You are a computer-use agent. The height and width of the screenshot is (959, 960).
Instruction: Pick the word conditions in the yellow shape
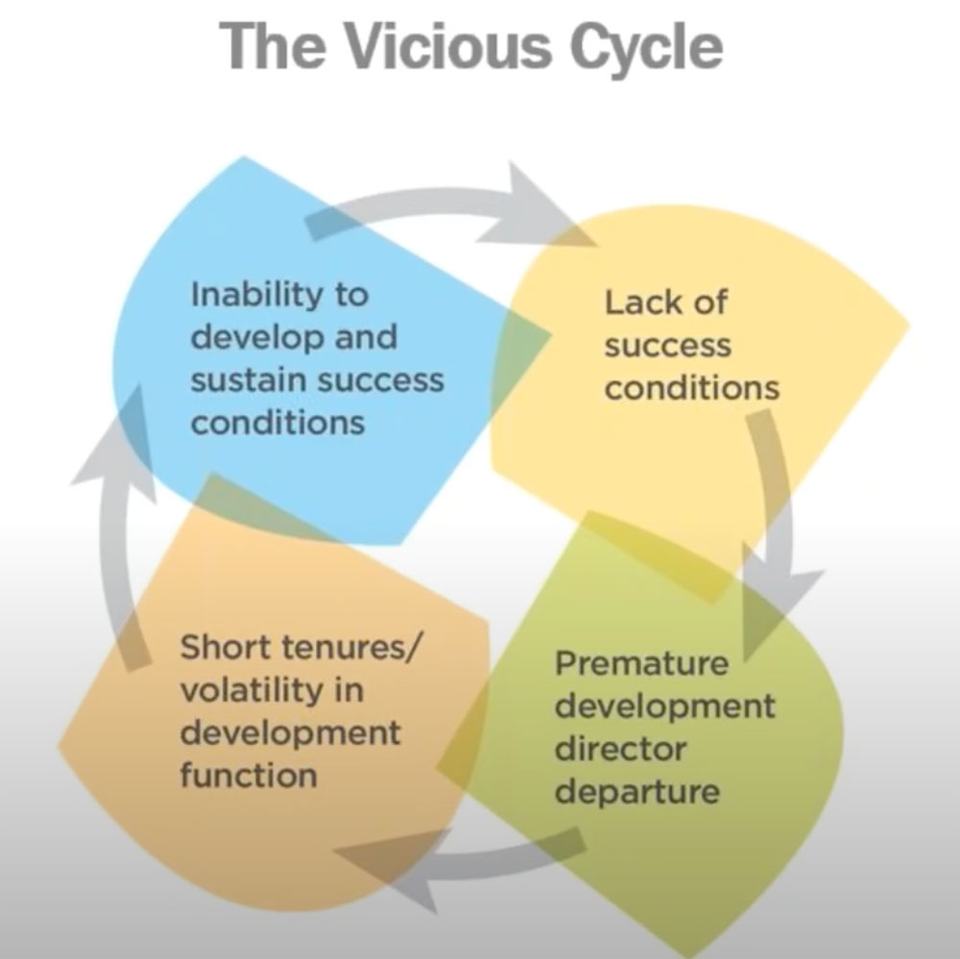[x=691, y=387]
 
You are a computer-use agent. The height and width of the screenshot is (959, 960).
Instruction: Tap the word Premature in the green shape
[x=642, y=663]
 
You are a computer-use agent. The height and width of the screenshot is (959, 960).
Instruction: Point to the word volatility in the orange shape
[x=244, y=689]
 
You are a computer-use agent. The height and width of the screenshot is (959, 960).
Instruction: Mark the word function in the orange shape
[x=248, y=774]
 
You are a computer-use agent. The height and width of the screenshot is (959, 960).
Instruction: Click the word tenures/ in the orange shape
[x=349, y=646]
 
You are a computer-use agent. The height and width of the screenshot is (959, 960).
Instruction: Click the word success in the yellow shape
[x=668, y=345]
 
